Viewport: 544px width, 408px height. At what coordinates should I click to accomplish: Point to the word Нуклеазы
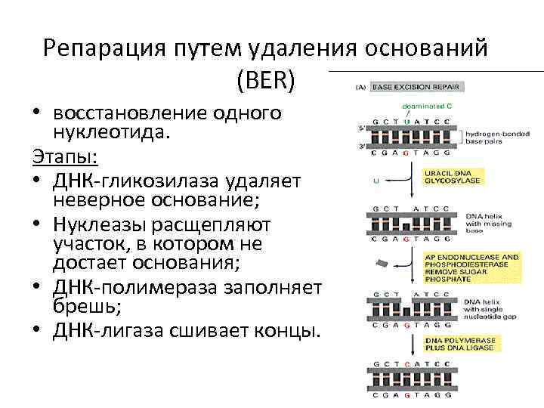[106, 225]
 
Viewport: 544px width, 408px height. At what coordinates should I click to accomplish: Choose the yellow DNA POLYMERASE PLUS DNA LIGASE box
[460, 345]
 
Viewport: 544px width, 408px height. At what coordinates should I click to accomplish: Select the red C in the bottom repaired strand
[407, 363]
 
